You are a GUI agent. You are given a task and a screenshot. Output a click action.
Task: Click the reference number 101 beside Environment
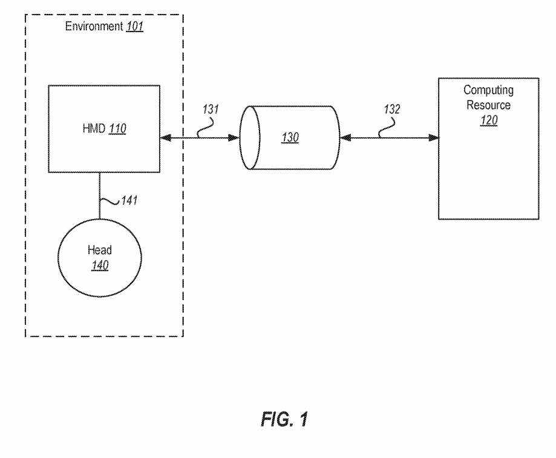coord(135,27)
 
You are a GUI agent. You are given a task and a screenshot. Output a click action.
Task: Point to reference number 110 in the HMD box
coord(117,129)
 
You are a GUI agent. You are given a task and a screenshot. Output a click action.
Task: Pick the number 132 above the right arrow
coord(391,111)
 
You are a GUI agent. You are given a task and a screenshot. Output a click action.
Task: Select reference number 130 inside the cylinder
coord(290,138)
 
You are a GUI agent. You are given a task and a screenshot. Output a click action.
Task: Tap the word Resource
coord(488,105)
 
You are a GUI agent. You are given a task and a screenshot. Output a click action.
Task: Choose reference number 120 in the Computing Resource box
coord(488,119)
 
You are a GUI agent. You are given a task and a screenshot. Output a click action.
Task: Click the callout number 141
coord(128,200)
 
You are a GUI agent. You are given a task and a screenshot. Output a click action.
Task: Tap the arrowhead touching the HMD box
coord(165,139)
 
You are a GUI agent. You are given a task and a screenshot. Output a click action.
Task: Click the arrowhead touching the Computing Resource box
coord(434,139)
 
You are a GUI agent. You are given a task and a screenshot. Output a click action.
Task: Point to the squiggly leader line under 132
coord(386,128)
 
